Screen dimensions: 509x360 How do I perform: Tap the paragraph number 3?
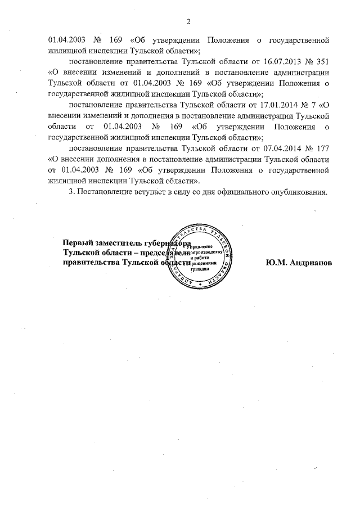pos(70,192)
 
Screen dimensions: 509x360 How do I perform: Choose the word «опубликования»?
pos(300,192)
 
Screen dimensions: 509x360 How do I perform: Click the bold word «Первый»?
pos(78,243)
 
